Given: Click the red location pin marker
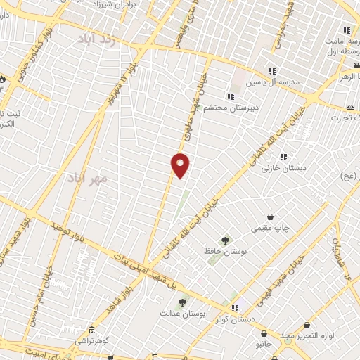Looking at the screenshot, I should pos(181,165).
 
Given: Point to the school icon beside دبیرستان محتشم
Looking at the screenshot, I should pos(229,96).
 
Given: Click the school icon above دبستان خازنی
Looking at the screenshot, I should pos(283,157).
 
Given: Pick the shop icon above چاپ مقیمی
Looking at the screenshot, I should pos(271,218).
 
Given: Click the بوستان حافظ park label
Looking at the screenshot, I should pos(225,252).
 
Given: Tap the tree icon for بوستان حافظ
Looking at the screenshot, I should pos(225,240).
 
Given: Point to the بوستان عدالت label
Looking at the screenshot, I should pos(181,314).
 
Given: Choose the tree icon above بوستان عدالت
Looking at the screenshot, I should pos(183,302).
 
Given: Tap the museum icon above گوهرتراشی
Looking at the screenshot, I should pos(92,330).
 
